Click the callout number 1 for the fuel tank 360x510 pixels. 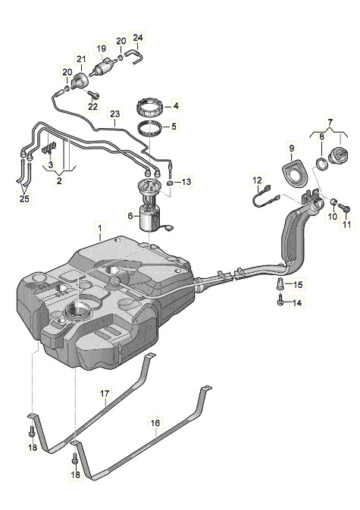[x=100, y=228]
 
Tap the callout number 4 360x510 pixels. [x=176, y=105]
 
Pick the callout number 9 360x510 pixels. [x=291, y=149]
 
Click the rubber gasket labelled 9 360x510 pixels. [x=294, y=172]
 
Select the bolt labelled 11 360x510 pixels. [x=344, y=207]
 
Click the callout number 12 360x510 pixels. [x=257, y=180]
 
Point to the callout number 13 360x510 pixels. [x=186, y=182]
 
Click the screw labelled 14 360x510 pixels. [x=280, y=302]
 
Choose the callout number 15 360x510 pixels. [x=298, y=285]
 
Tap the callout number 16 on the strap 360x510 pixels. [x=155, y=423]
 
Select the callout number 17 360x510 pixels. [x=105, y=393]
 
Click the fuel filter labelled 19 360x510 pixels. [x=104, y=67]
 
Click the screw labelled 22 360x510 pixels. [x=93, y=94]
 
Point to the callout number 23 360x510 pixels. [x=115, y=114]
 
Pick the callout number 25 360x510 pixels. [x=24, y=199]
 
